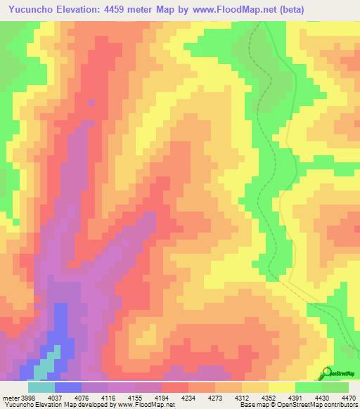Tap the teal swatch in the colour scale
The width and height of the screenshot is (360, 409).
click(x=41, y=387)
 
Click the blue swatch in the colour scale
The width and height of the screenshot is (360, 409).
click(x=68, y=387)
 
